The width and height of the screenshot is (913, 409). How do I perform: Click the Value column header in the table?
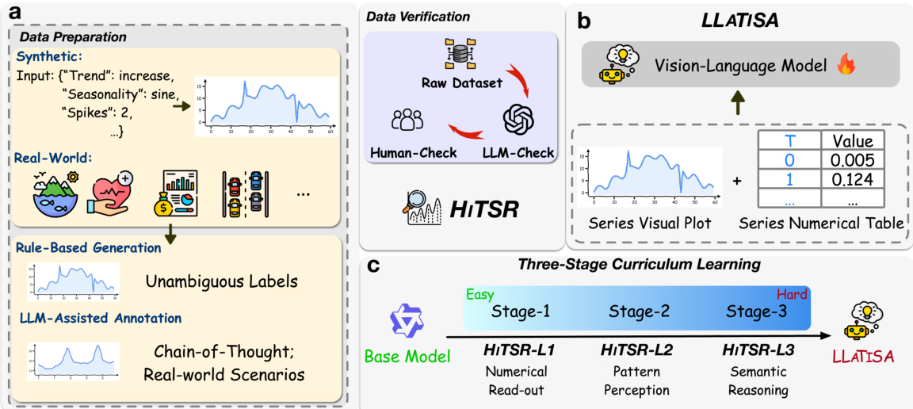tap(853, 141)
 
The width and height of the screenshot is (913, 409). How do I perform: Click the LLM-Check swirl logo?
tap(520, 120)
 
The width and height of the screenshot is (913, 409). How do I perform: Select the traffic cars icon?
tap(244, 193)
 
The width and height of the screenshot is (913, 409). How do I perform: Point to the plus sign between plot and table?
tap(737, 181)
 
